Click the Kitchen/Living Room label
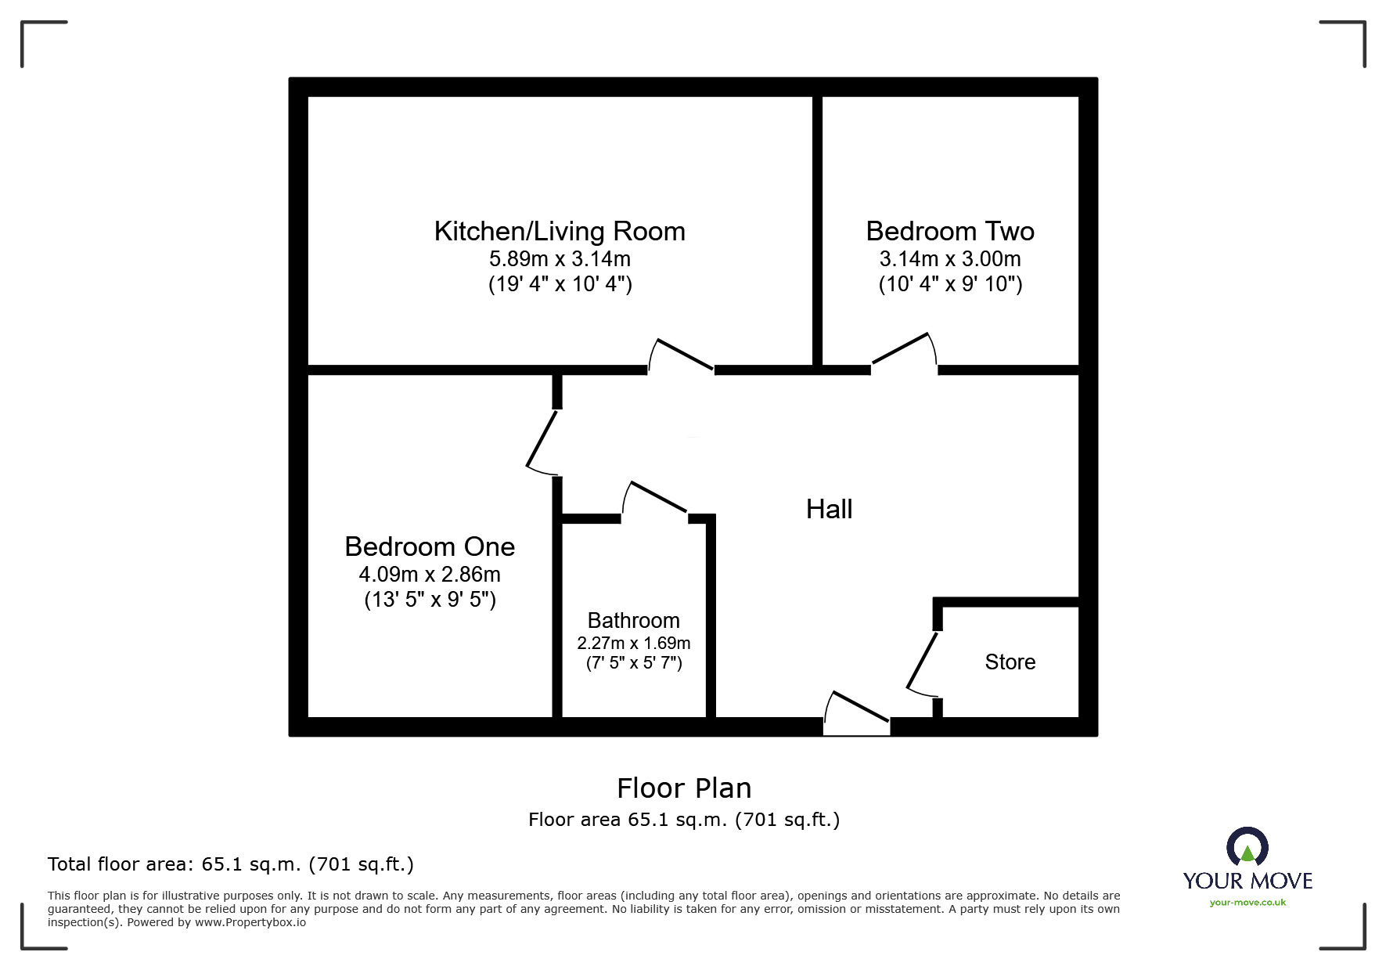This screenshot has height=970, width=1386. [560, 232]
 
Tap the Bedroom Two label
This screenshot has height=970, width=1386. [950, 232]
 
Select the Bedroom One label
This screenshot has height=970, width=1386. [430, 546]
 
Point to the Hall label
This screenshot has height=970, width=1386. [829, 510]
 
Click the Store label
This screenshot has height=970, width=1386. [1010, 662]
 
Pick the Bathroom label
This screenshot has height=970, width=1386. [633, 621]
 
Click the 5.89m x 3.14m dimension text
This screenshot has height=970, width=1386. [560, 259]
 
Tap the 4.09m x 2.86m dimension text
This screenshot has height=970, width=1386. [430, 575]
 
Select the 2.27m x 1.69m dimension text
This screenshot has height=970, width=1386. [633, 644]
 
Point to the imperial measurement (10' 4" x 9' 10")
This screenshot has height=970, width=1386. [950, 284]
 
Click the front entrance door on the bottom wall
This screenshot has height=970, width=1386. [858, 709]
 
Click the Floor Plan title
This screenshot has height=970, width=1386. [683, 788]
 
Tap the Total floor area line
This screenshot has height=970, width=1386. [231, 864]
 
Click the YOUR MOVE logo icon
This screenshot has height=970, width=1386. [1247, 848]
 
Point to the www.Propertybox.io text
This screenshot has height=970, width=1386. [250, 922]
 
